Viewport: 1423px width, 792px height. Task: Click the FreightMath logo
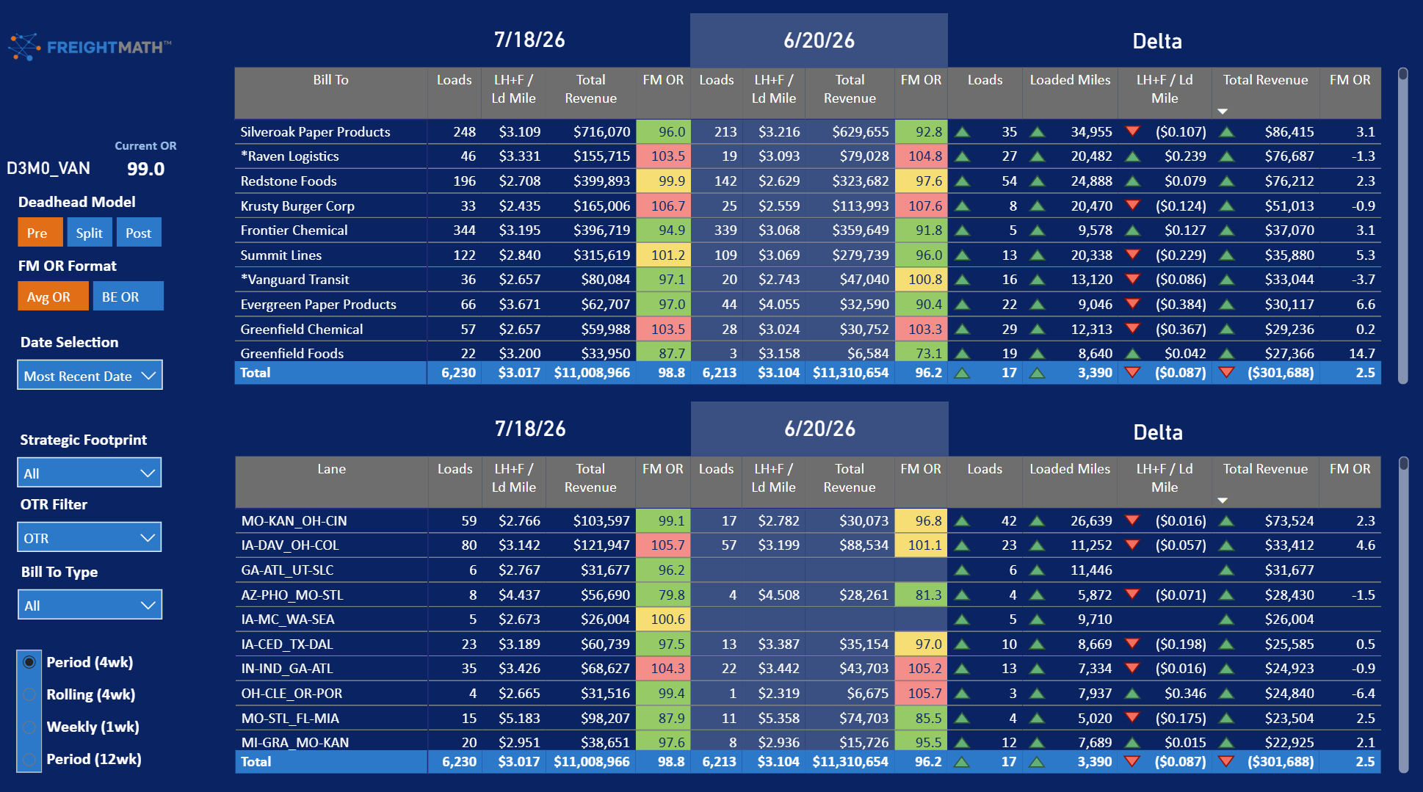(90, 47)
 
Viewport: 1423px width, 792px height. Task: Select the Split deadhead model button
(90, 233)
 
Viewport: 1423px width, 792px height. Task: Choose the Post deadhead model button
(138, 233)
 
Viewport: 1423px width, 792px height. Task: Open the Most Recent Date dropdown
(90, 375)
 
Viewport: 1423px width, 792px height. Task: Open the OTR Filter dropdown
(90, 537)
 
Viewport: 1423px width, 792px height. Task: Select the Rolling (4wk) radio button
(29, 694)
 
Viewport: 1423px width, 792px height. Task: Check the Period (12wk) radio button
(29, 759)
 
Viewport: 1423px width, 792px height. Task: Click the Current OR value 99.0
(145, 169)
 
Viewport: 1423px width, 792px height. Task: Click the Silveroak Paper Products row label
(315, 132)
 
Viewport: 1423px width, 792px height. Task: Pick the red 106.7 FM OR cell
(663, 206)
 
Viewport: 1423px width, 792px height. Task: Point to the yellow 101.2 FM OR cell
(663, 255)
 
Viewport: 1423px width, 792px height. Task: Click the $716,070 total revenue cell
(601, 132)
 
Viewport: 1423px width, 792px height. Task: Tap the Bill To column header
(330, 80)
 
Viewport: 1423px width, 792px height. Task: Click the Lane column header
(331, 469)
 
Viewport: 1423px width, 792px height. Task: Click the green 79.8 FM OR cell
(663, 595)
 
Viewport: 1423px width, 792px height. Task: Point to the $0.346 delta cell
(1185, 694)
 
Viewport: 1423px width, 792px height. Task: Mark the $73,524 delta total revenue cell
(1289, 521)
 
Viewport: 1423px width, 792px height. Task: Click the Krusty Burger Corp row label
(297, 206)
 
